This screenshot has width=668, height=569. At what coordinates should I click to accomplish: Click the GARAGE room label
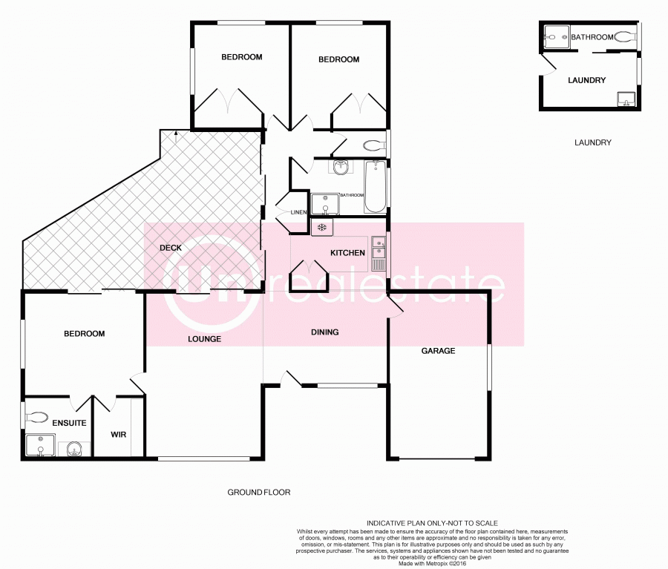click(438, 351)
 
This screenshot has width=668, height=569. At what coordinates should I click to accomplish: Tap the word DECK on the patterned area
click(171, 249)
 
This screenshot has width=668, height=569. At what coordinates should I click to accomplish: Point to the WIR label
click(119, 435)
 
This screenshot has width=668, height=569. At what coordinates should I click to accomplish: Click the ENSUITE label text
click(69, 423)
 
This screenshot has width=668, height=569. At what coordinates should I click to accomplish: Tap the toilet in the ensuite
click(36, 417)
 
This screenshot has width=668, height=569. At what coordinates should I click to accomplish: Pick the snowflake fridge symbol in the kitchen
click(322, 227)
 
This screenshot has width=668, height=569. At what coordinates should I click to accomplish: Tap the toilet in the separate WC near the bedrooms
click(374, 145)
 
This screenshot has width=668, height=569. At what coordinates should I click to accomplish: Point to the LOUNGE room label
click(204, 339)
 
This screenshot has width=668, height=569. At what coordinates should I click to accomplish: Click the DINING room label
click(324, 332)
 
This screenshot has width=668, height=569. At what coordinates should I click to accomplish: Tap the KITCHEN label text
click(347, 253)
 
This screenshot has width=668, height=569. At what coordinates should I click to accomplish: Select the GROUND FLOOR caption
click(258, 492)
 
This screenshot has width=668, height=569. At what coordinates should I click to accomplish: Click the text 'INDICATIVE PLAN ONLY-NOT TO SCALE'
click(431, 523)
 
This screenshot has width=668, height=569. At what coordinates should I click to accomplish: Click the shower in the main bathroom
click(324, 204)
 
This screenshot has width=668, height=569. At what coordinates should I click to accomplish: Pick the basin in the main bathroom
click(341, 167)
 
